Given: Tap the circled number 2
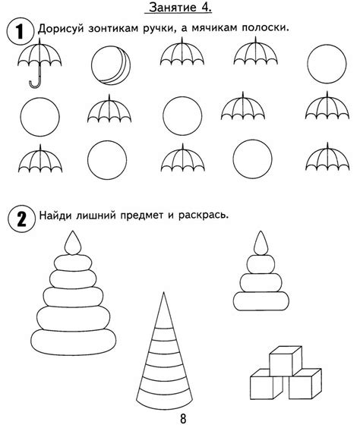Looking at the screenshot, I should [17, 217].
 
